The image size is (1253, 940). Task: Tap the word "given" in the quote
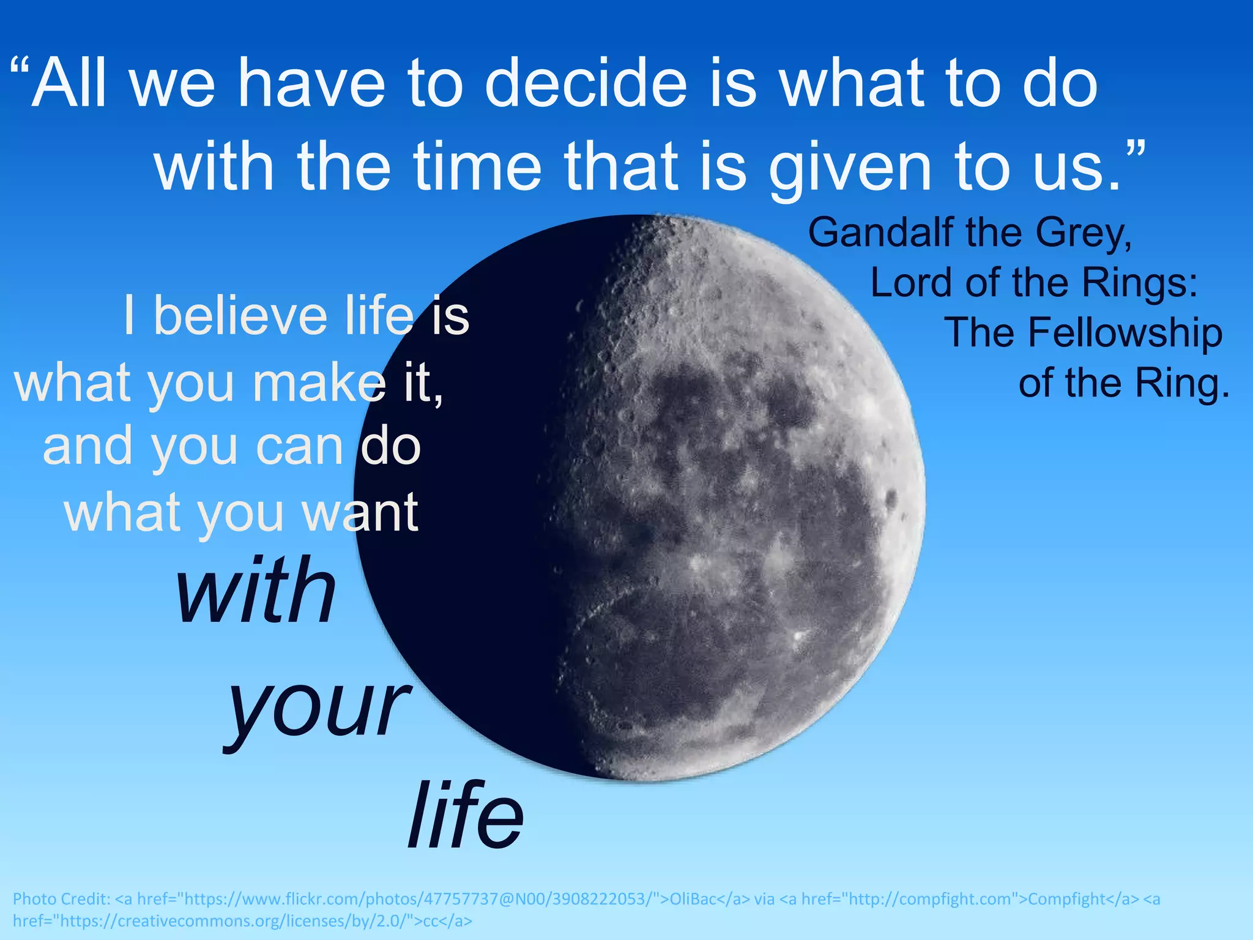click(850, 166)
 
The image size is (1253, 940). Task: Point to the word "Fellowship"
click(1084, 334)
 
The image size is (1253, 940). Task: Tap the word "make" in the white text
click(319, 382)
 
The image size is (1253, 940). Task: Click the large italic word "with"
click(256, 591)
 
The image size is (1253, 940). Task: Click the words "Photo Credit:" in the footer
click(62, 899)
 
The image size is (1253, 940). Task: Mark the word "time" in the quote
click(477, 166)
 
